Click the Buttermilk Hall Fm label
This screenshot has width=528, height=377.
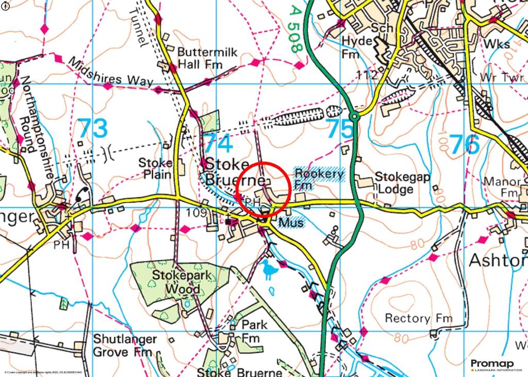(200, 59)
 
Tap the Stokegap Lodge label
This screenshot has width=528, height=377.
(394, 183)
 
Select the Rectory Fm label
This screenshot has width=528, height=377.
(418, 318)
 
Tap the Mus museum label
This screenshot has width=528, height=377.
(291, 222)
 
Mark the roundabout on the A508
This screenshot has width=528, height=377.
(354, 117)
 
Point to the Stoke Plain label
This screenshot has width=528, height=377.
(155, 169)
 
